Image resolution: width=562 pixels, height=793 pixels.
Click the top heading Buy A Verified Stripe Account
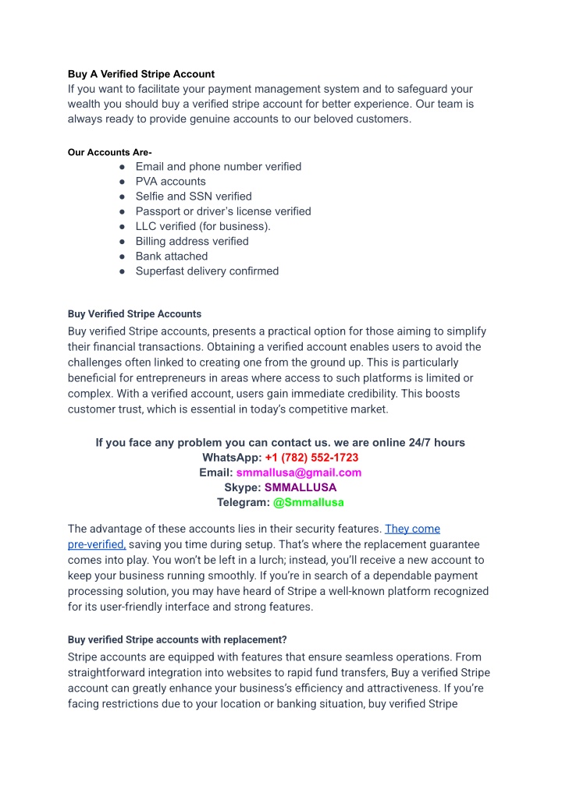(x=140, y=74)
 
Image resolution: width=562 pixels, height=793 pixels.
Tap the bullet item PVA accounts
(x=170, y=182)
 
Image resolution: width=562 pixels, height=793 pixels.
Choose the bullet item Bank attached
(x=172, y=256)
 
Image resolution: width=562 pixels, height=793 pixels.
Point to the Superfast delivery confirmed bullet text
(x=207, y=271)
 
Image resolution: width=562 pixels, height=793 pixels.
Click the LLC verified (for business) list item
(x=203, y=226)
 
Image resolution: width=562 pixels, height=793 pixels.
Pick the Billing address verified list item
(x=192, y=241)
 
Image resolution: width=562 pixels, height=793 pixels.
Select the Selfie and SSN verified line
(x=194, y=196)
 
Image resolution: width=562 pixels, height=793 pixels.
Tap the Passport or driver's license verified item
(x=223, y=211)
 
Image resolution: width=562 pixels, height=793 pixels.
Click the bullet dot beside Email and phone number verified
(x=123, y=167)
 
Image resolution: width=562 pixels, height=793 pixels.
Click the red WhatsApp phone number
(x=311, y=458)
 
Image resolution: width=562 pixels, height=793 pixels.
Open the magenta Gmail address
(x=299, y=473)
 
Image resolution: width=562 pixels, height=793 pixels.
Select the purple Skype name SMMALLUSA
(x=301, y=487)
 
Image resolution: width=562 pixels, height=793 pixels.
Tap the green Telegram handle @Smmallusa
(x=308, y=502)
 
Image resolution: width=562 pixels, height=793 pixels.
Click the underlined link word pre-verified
(x=96, y=544)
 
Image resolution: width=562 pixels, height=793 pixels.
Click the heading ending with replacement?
(x=177, y=639)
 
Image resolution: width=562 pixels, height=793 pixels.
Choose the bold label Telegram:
(x=244, y=502)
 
